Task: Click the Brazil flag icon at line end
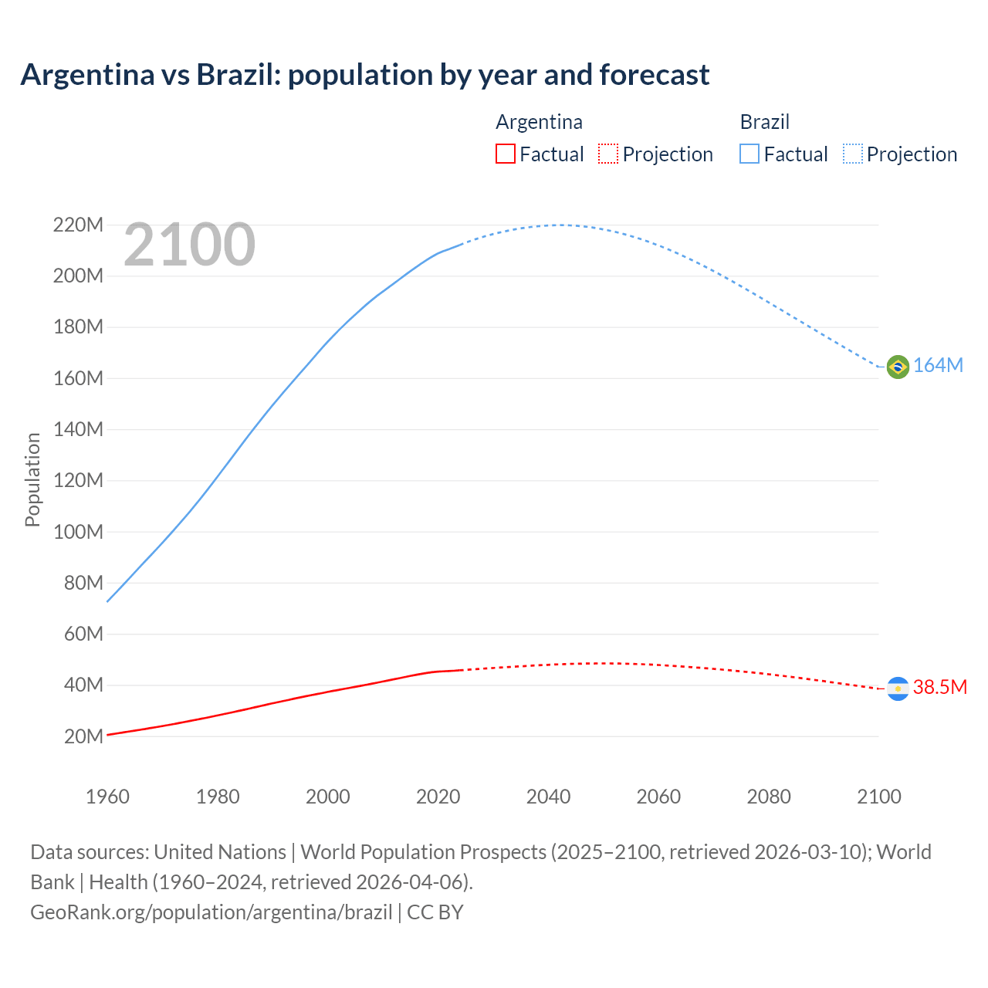tap(898, 367)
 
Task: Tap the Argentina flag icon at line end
tap(898, 689)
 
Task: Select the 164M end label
tap(938, 366)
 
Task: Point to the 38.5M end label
tap(939, 687)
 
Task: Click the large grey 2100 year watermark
tap(189, 245)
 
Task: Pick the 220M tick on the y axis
tap(78, 225)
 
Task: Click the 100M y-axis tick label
tap(78, 532)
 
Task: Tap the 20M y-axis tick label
tap(83, 736)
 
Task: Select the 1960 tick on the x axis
tap(107, 797)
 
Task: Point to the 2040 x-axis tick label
tap(548, 797)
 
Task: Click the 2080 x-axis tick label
tap(769, 797)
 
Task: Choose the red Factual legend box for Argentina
tap(505, 154)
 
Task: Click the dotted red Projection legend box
tap(608, 154)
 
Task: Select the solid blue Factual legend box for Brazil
tap(749, 154)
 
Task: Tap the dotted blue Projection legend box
tap(852, 154)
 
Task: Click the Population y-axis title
tap(32, 479)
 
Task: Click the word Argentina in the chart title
tap(87, 75)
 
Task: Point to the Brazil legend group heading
tap(764, 122)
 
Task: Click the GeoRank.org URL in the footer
tap(211, 912)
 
